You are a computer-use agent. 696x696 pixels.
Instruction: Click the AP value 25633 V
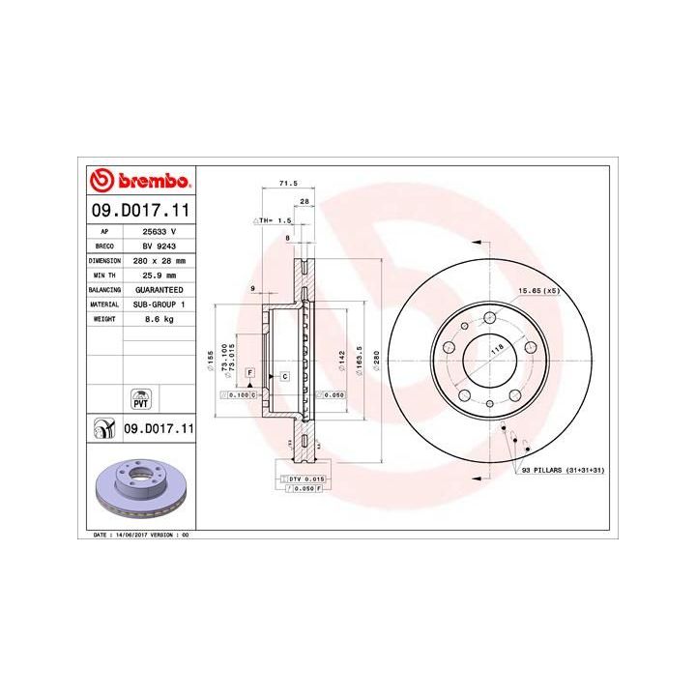pyautogui.click(x=159, y=232)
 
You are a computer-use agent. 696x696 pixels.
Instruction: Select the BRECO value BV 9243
pyautogui.click(x=158, y=246)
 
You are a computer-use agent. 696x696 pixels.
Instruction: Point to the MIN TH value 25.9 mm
pyautogui.click(x=158, y=275)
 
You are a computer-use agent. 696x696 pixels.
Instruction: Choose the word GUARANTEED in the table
pyautogui.click(x=159, y=290)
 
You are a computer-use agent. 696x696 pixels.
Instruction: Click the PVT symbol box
pyautogui.click(x=138, y=399)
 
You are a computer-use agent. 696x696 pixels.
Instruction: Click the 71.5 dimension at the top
pyautogui.click(x=286, y=183)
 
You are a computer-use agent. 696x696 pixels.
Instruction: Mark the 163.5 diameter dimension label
pyautogui.click(x=359, y=357)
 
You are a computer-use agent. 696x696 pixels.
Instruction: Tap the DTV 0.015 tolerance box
pyautogui.click(x=308, y=478)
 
